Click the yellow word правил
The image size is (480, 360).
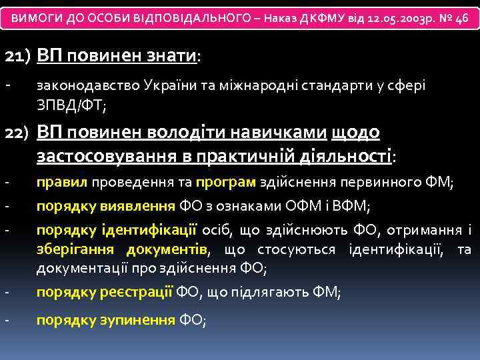click(62, 182)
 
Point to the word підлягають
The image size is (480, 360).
click(267, 292)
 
